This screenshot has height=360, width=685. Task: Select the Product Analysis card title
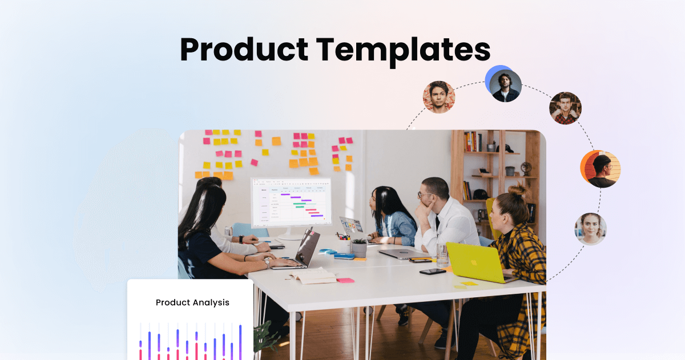(192, 302)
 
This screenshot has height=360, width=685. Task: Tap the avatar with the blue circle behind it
(505, 86)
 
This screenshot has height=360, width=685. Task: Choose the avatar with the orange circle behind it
(602, 170)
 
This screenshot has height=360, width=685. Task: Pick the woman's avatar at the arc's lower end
(590, 229)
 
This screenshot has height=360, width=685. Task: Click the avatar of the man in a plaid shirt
(565, 108)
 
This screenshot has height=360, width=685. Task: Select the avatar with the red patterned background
(438, 97)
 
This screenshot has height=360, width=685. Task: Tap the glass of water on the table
(442, 253)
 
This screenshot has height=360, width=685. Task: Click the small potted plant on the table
(359, 246)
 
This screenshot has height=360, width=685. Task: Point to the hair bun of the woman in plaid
(518, 189)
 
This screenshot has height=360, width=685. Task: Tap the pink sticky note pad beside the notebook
(345, 280)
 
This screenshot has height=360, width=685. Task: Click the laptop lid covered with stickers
(351, 225)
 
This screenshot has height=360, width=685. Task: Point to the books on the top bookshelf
(473, 141)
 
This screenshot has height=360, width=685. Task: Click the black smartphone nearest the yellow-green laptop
(432, 272)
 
